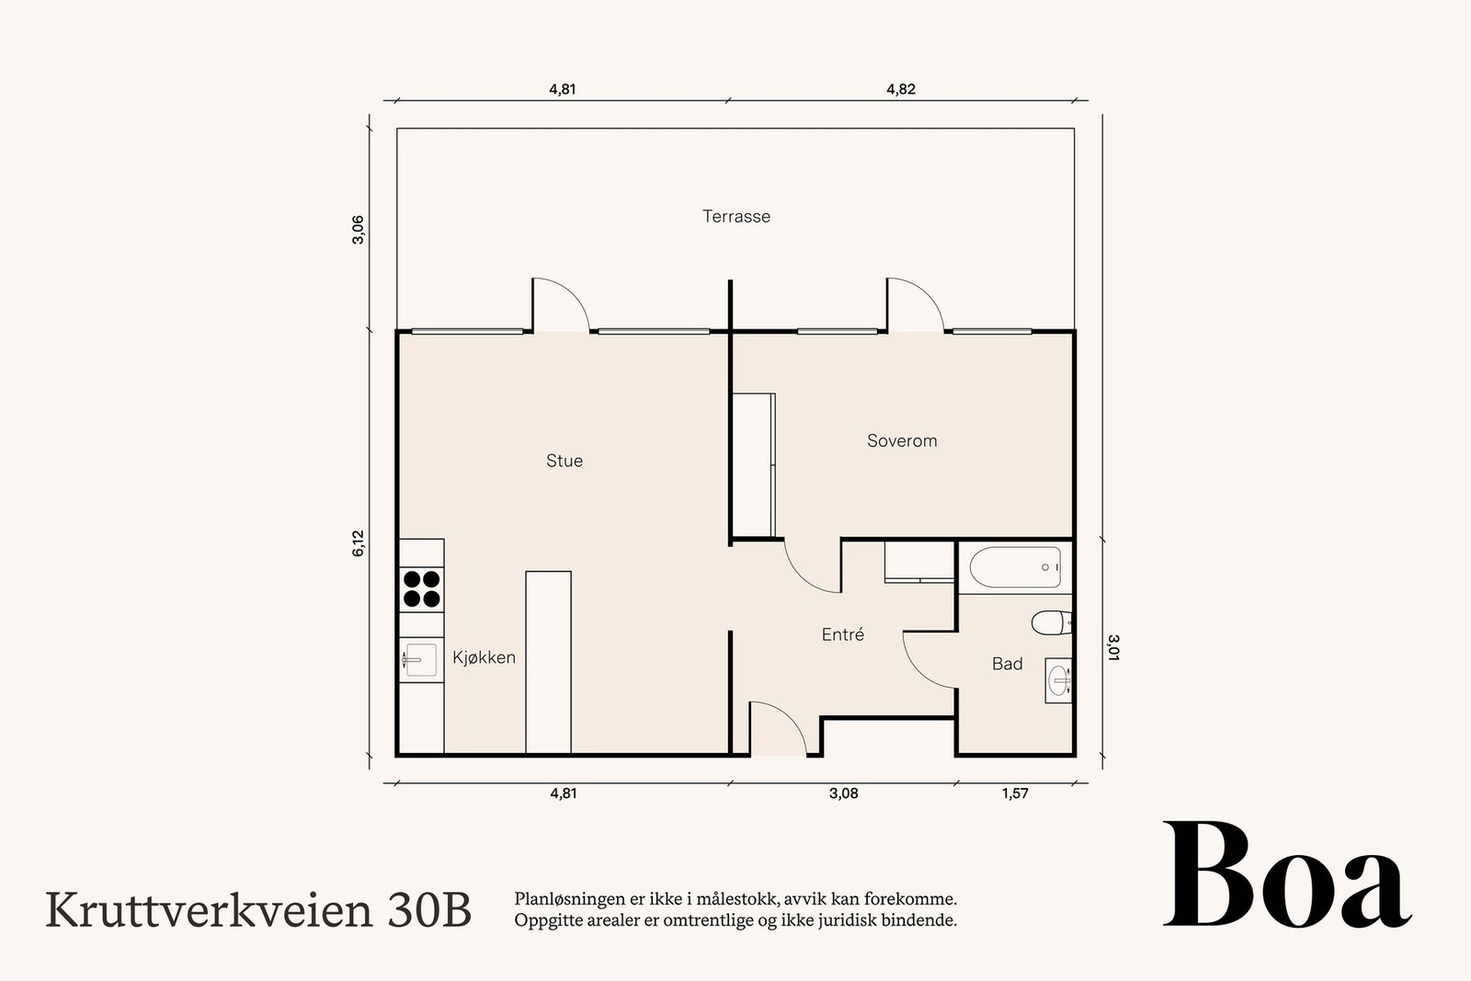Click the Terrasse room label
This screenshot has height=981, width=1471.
736,216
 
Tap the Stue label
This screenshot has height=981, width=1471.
564,461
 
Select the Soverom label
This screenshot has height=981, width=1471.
902,440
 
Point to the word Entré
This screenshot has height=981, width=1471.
842,634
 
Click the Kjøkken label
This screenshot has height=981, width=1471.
484,657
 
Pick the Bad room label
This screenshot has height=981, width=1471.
1007,664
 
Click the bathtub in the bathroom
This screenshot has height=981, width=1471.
1015,567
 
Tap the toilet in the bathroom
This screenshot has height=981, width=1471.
1052,622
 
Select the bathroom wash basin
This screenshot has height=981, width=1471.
1058,680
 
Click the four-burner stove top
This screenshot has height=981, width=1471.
422,589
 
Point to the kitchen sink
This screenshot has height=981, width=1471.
421,659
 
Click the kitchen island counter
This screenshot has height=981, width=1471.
548,662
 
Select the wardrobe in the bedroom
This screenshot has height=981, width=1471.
754,465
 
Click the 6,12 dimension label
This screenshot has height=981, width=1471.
358,543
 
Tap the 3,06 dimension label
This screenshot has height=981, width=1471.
358,230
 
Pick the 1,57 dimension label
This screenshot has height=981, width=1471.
1015,793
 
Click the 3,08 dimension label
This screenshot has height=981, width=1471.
843,793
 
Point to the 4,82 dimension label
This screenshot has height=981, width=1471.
901,89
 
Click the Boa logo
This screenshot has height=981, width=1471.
1287,874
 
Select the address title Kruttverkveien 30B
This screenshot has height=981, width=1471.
258,910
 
